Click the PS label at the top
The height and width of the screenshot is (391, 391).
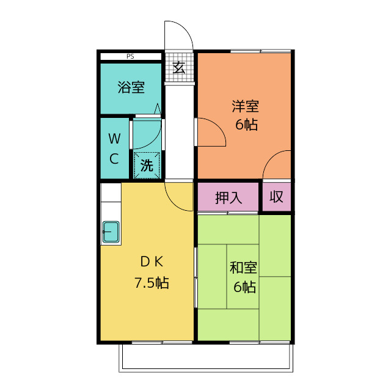[130, 56]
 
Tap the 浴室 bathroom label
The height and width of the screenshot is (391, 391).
[131, 87]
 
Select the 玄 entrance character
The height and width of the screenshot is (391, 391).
[179, 67]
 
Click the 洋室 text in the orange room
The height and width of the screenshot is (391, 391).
[245, 106]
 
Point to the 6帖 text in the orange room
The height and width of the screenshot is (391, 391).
[246, 125]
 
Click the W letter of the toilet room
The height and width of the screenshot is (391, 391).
[114, 139]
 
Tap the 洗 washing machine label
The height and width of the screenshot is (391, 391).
[147, 165]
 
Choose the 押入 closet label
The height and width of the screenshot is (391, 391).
[228, 198]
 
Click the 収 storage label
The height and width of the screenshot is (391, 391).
[277, 197]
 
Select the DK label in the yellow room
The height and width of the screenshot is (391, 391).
[152, 262]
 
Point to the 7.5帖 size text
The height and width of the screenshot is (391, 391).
[152, 283]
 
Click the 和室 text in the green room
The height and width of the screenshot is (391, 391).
[243, 268]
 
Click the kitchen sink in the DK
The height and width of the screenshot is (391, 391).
[111, 232]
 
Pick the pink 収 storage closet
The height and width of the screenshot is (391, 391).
[277, 197]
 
